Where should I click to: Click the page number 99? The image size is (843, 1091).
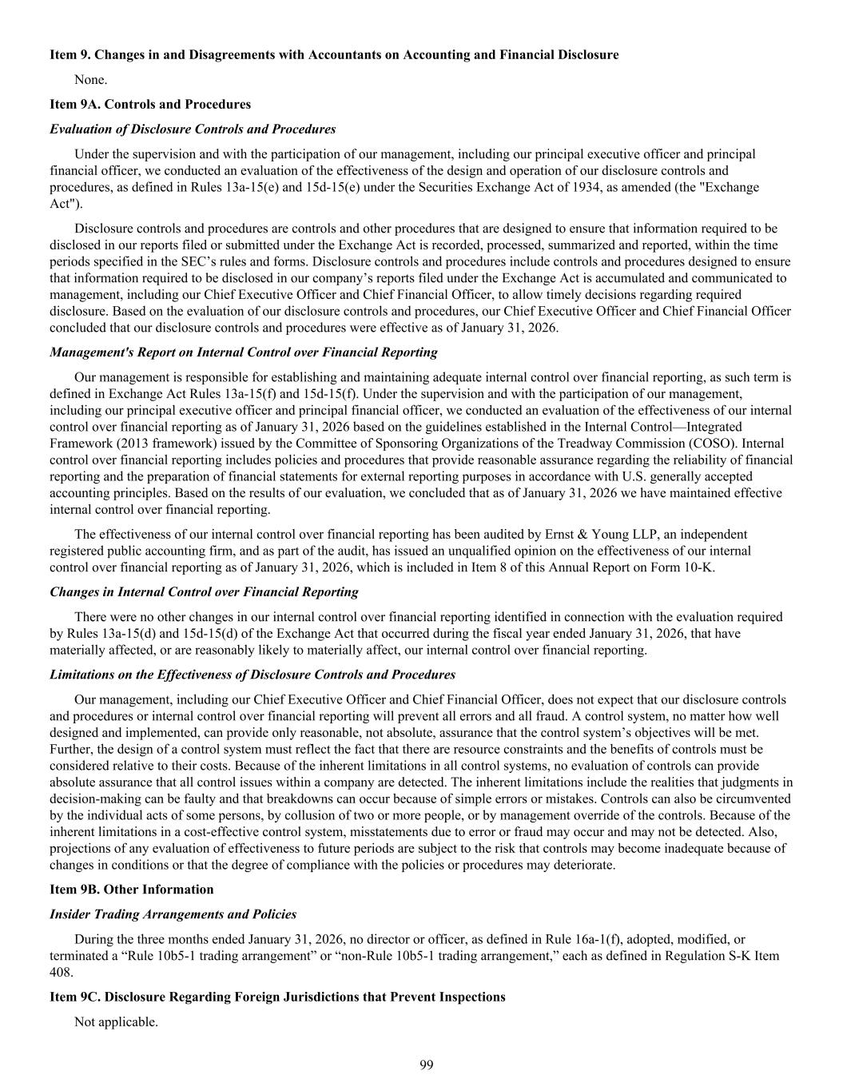pyautogui.click(x=426, y=1065)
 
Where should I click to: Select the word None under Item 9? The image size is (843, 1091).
pyautogui.click(x=90, y=79)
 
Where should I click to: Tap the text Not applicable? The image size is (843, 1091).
pyautogui.click(x=116, y=1021)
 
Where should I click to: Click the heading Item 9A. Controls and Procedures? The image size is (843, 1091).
pyautogui.click(x=150, y=104)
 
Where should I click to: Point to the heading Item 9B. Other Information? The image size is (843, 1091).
pyautogui.click(x=132, y=889)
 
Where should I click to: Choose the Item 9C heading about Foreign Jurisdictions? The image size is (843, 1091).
pyautogui.click(x=277, y=997)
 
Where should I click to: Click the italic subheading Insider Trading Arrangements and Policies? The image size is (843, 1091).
pyautogui.click(x=173, y=914)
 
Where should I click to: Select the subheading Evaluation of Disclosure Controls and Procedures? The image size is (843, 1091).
pyautogui.click(x=193, y=129)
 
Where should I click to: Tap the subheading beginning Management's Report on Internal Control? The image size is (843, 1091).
pyautogui.click(x=244, y=352)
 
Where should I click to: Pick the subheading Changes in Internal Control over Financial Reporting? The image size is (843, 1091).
pyautogui.click(x=204, y=591)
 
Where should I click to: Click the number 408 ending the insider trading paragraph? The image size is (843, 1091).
pyautogui.click(x=61, y=972)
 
